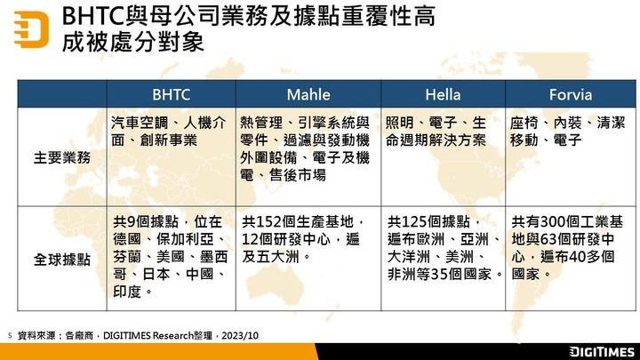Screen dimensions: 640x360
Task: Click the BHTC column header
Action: (171, 95)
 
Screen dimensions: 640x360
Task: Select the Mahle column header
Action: (308, 95)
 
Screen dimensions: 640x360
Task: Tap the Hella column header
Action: (443, 95)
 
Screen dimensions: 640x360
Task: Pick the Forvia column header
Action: (570, 95)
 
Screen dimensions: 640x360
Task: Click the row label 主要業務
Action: (62, 157)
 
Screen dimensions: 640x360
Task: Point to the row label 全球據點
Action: (62, 260)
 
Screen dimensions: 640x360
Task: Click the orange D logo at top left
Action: (31, 29)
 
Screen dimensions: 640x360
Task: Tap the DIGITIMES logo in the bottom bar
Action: (602, 352)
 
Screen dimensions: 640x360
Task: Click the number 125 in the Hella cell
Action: (414, 221)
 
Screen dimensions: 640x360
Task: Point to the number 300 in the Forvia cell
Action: (552, 221)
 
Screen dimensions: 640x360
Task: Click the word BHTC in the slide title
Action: (92, 17)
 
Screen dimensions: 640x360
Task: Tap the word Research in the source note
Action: (172, 335)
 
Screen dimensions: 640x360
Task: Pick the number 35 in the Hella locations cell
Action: (439, 275)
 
